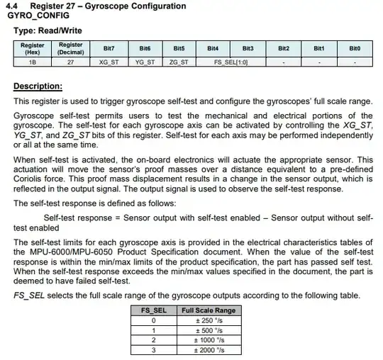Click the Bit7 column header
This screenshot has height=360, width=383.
[109, 48]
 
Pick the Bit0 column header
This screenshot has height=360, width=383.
[354, 48]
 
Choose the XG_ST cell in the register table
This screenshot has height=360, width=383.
[109, 62]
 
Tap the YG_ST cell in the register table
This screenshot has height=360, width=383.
[144, 62]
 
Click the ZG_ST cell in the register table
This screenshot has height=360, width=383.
[179, 62]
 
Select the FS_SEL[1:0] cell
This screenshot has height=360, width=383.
[231, 62]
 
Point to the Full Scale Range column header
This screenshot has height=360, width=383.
[208, 310]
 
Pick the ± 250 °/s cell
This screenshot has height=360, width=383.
[208, 320]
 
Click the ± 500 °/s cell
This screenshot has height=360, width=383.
[208, 330]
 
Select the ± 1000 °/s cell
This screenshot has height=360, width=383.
[208, 340]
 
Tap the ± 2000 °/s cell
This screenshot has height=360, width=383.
[208, 350]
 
